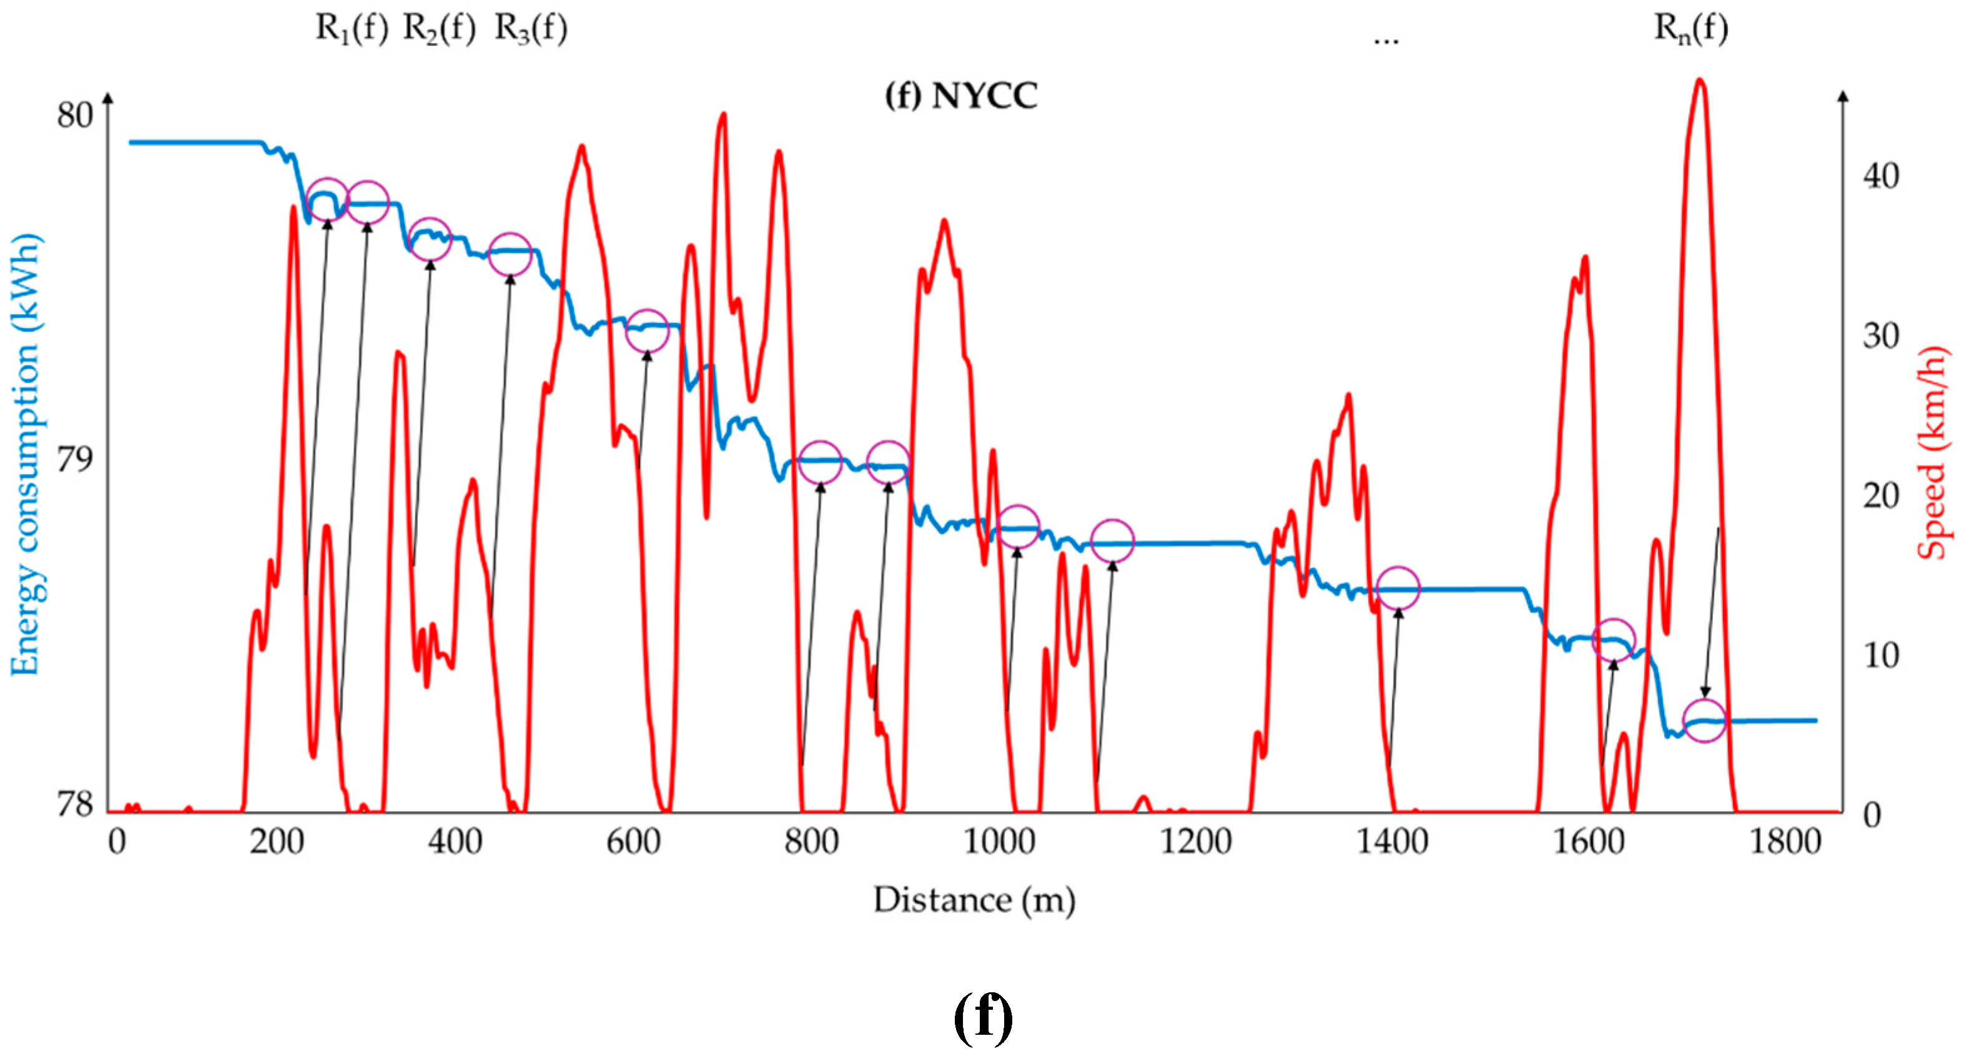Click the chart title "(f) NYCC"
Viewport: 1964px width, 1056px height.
click(x=960, y=97)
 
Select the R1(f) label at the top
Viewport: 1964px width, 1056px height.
click(x=352, y=29)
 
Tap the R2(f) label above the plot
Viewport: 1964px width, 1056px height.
click(x=438, y=29)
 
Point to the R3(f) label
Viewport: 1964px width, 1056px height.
click(x=531, y=29)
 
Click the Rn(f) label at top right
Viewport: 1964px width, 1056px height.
click(x=1690, y=29)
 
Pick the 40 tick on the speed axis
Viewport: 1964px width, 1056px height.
click(x=1881, y=176)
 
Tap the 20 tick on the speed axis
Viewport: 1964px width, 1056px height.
click(x=1881, y=496)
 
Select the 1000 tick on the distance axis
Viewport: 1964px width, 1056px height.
click(x=999, y=842)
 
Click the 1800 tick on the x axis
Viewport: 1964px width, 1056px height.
click(x=1785, y=842)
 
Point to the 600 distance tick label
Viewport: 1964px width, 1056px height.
click(x=633, y=842)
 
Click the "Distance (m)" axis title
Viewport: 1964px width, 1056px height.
click(x=974, y=901)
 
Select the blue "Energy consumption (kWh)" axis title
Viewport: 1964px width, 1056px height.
click(x=26, y=455)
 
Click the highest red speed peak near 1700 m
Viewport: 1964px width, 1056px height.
click(x=1699, y=81)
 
